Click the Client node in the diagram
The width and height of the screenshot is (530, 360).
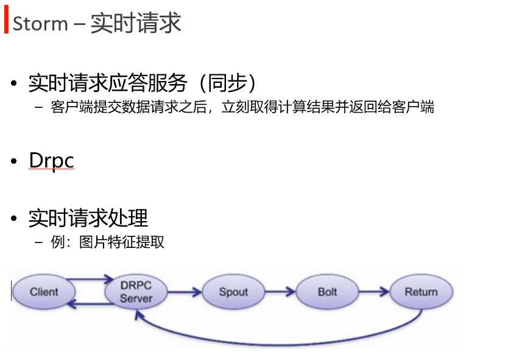[44, 292]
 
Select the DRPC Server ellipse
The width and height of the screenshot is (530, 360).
[136, 292]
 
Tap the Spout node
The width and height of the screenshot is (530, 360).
[233, 292]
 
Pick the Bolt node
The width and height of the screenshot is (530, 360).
[327, 292]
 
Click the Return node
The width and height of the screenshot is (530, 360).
[421, 292]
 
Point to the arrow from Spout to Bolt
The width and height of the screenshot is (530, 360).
[280, 291]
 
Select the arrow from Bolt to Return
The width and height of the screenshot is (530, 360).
[374, 291]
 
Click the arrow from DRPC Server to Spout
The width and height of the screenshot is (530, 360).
[185, 292]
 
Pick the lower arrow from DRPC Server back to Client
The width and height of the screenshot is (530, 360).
[91, 304]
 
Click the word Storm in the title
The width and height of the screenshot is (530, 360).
[40, 24]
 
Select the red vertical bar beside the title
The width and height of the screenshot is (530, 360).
[6, 19]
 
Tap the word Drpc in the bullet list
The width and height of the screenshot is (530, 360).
[51, 161]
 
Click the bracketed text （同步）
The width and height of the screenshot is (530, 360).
[228, 83]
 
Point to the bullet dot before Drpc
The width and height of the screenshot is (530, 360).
[14, 161]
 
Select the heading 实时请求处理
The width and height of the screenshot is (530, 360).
[88, 218]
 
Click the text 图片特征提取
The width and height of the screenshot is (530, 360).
[122, 242]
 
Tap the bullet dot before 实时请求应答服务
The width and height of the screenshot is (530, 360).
[14, 83]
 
